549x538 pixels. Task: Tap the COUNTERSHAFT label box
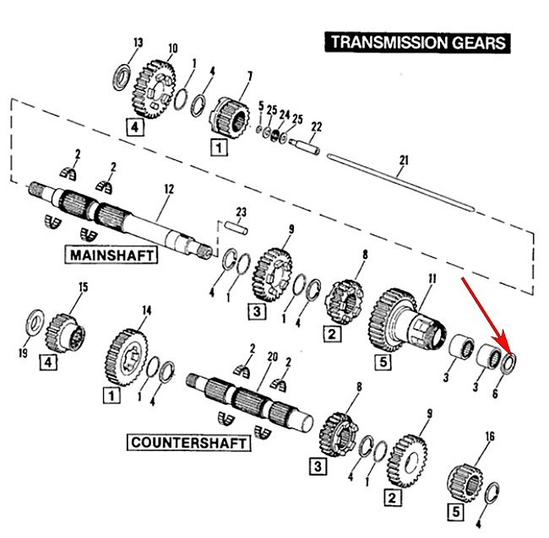(190, 443)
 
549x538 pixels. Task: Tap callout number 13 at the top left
(139, 42)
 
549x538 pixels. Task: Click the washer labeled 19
(36, 322)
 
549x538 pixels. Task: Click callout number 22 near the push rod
(317, 126)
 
